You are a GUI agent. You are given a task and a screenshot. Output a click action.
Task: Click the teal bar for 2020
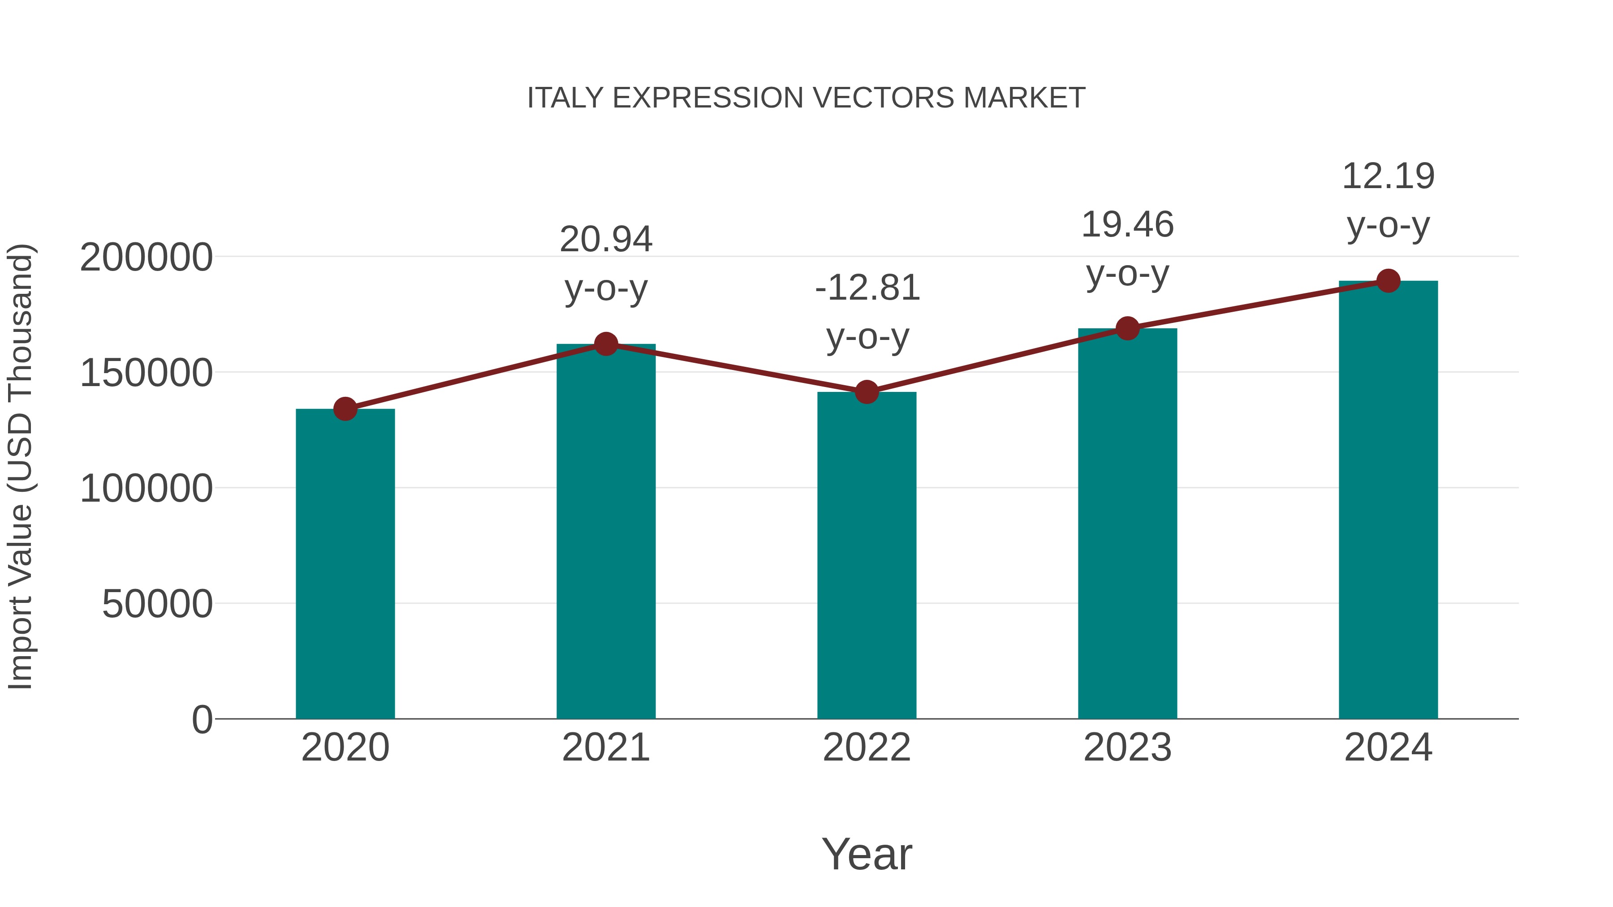pyautogui.click(x=345, y=563)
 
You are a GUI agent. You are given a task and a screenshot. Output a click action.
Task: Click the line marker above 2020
pyautogui.click(x=345, y=409)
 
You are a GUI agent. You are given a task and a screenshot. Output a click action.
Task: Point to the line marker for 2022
pyautogui.click(x=867, y=392)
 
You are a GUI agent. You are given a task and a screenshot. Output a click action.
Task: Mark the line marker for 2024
pyautogui.click(x=1388, y=281)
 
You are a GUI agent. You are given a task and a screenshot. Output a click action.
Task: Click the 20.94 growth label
pyautogui.click(x=605, y=240)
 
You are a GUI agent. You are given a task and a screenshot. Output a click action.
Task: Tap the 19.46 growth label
pyautogui.click(x=1127, y=225)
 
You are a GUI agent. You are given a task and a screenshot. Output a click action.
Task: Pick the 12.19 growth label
pyautogui.click(x=1388, y=176)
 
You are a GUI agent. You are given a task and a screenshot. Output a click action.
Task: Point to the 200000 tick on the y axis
pyautogui.click(x=146, y=257)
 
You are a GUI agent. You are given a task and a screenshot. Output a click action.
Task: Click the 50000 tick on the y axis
pyautogui.click(x=157, y=604)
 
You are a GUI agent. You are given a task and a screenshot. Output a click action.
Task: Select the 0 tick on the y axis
pyautogui.click(x=202, y=719)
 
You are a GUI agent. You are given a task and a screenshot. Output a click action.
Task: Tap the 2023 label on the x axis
pyautogui.click(x=1127, y=748)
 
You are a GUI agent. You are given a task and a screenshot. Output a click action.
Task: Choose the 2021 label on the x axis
pyautogui.click(x=605, y=748)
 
